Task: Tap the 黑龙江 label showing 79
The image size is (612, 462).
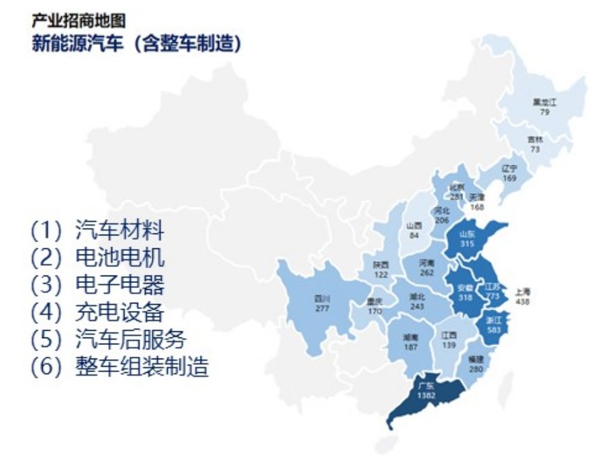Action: point(545,107)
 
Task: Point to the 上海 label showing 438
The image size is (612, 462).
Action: point(522,296)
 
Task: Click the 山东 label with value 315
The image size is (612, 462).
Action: point(466,238)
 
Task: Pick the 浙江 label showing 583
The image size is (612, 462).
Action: point(494,324)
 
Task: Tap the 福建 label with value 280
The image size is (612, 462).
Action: point(475,363)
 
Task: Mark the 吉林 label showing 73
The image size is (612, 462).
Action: point(535,144)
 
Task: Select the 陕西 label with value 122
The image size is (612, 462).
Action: point(381,269)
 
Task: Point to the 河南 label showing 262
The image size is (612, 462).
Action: point(426,267)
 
